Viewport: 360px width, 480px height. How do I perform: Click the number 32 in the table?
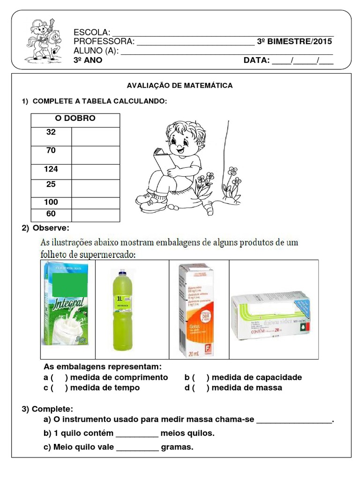pyautogui.click(x=51, y=132)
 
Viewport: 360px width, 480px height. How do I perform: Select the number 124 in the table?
pyautogui.click(x=51, y=169)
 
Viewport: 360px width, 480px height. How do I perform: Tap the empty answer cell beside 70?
pyautogui.click(x=96, y=155)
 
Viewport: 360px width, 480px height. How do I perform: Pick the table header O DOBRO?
pyautogui.click(x=75, y=118)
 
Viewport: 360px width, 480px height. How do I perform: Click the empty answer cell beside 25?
pyautogui.click(x=96, y=188)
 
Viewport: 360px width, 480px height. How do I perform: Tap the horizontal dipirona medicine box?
pyautogui.click(x=270, y=316)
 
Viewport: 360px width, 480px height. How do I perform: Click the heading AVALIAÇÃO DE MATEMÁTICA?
pyautogui.click(x=180, y=86)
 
